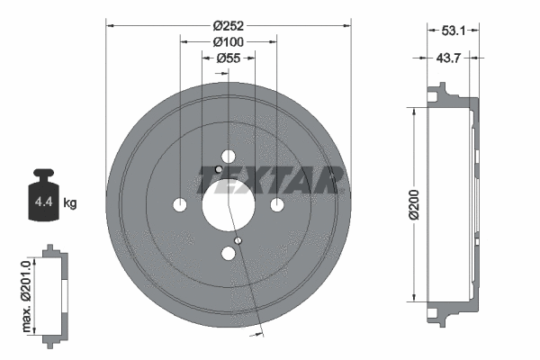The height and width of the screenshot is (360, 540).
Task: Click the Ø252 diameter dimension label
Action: tap(229, 25)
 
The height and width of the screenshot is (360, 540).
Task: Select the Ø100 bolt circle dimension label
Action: tap(229, 41)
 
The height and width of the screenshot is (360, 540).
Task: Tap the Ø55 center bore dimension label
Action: tap(229, 58)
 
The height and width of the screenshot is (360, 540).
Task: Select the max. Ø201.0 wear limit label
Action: tap(27, 292)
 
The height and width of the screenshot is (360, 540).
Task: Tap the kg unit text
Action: tap(70, 202)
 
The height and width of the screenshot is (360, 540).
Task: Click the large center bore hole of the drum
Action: tap(229, 204)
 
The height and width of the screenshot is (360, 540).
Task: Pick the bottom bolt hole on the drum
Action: tap(229, 253)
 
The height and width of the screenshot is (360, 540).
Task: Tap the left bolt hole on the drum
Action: tap(180, 204)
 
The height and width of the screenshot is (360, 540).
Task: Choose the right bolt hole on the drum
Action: tap(276, 204)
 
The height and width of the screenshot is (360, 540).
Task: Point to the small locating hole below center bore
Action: tap(238, 240)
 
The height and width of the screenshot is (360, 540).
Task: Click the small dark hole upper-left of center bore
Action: tap(219, 169)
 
